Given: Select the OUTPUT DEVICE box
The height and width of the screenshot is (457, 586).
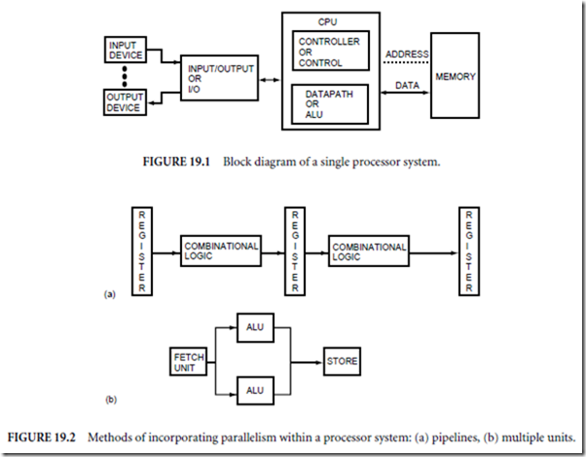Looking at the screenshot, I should coord(125,100).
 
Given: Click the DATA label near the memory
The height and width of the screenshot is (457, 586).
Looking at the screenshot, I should coord(407,87).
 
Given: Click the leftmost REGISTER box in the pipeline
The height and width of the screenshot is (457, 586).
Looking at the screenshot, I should coord(142,250).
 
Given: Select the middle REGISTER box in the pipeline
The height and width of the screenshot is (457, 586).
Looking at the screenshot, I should coord(293,250).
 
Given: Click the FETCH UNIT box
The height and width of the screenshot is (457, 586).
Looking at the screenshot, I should coord(188,362).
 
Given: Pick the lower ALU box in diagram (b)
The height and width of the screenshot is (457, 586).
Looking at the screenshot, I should coord(254,392).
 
